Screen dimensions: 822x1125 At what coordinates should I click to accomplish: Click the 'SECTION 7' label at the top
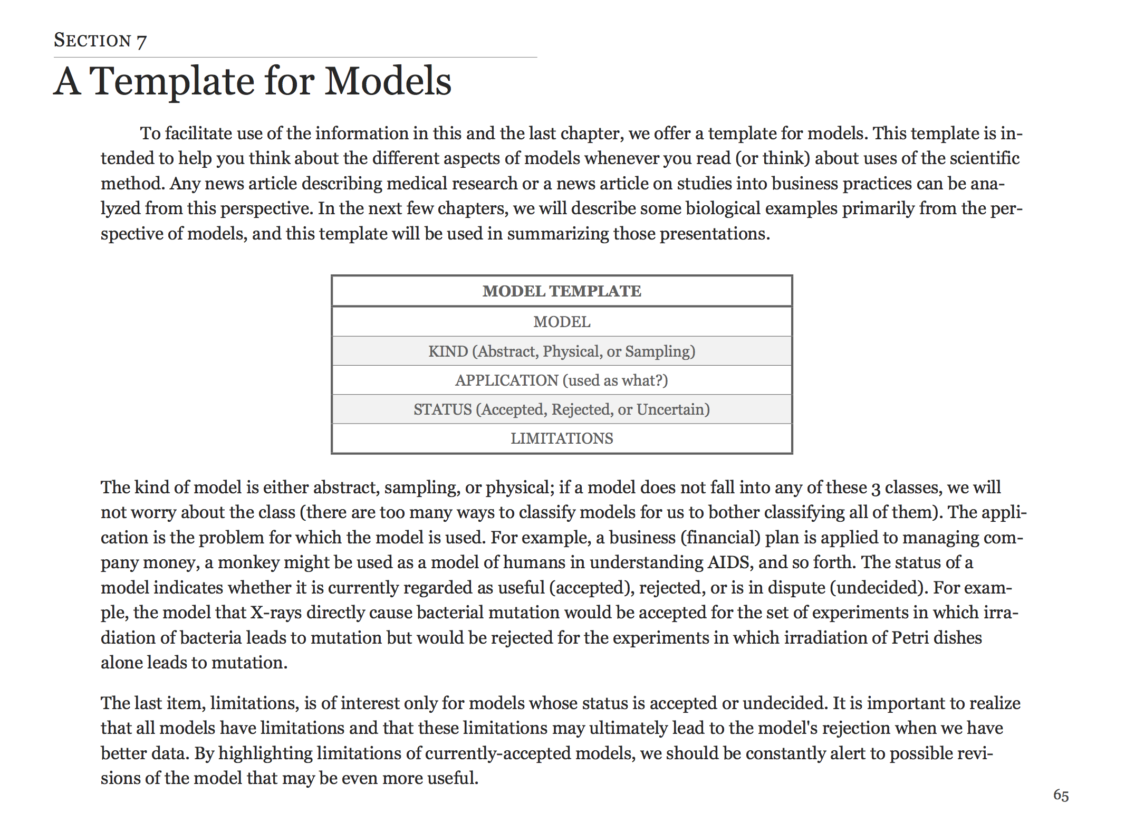pyautogui.click(x=100, y=41)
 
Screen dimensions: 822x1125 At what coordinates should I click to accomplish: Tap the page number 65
pyautogui.click(x=1061, y=795)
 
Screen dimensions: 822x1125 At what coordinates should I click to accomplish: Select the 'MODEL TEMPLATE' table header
pyautogui.click(x=562, y=291)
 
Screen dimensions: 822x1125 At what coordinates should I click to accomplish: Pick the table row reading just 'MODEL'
pyautogui.click(x=562, y=322)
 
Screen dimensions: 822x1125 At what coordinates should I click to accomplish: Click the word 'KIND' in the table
pyautogui.click(x=448, y=351)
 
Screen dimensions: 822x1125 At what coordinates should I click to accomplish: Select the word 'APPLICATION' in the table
pyautogui.click(x=506, y=380)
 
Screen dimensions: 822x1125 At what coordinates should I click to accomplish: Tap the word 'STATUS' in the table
pyautogui.click(x=443, y=409)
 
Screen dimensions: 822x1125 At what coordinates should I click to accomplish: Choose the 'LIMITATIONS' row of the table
pyautogui.click(x=562, y=438)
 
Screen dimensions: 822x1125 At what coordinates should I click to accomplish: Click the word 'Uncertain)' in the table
pyautogui.click(x=673, y=409)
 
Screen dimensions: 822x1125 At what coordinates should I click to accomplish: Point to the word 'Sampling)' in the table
pyautogui.click(x=660, y=351)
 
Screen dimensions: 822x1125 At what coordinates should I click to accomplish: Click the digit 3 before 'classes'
pyautogui.click(x=876, y=488)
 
